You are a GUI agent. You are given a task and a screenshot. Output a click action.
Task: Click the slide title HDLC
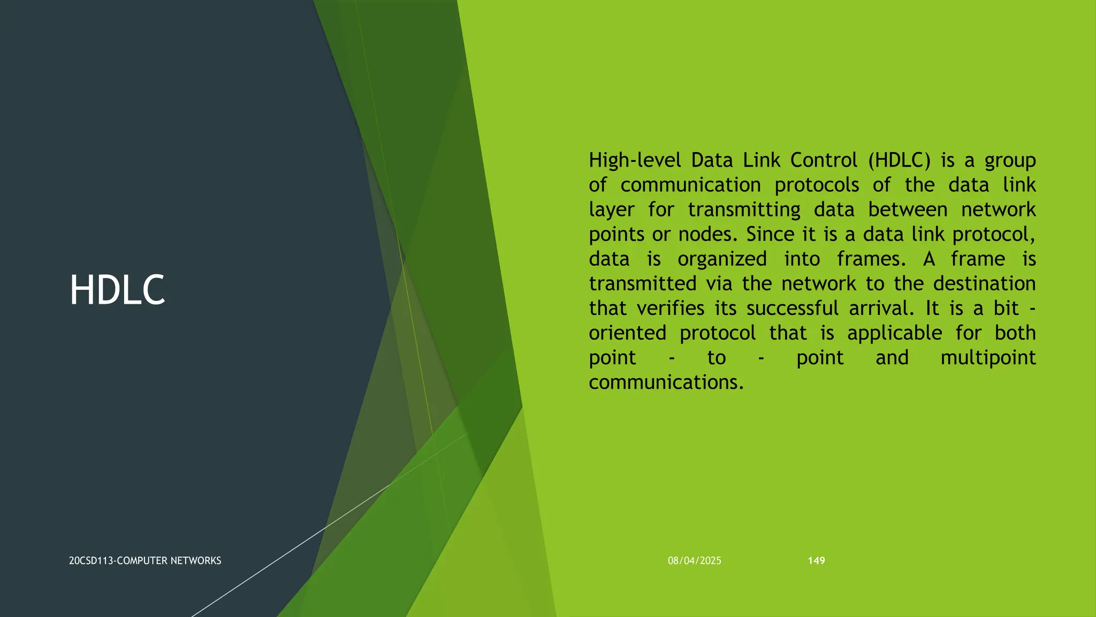(x=117, y=290)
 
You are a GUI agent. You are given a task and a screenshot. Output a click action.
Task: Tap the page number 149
(x=816, y=561)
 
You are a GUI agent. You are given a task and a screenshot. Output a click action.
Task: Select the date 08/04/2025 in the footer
(x=694, y=561)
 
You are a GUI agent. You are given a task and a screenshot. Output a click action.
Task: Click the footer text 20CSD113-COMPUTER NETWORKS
(x=145, y=561)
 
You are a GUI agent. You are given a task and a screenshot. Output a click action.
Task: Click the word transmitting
(x=744, y=209)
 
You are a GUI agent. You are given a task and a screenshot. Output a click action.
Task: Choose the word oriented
(x=627, y=333)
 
